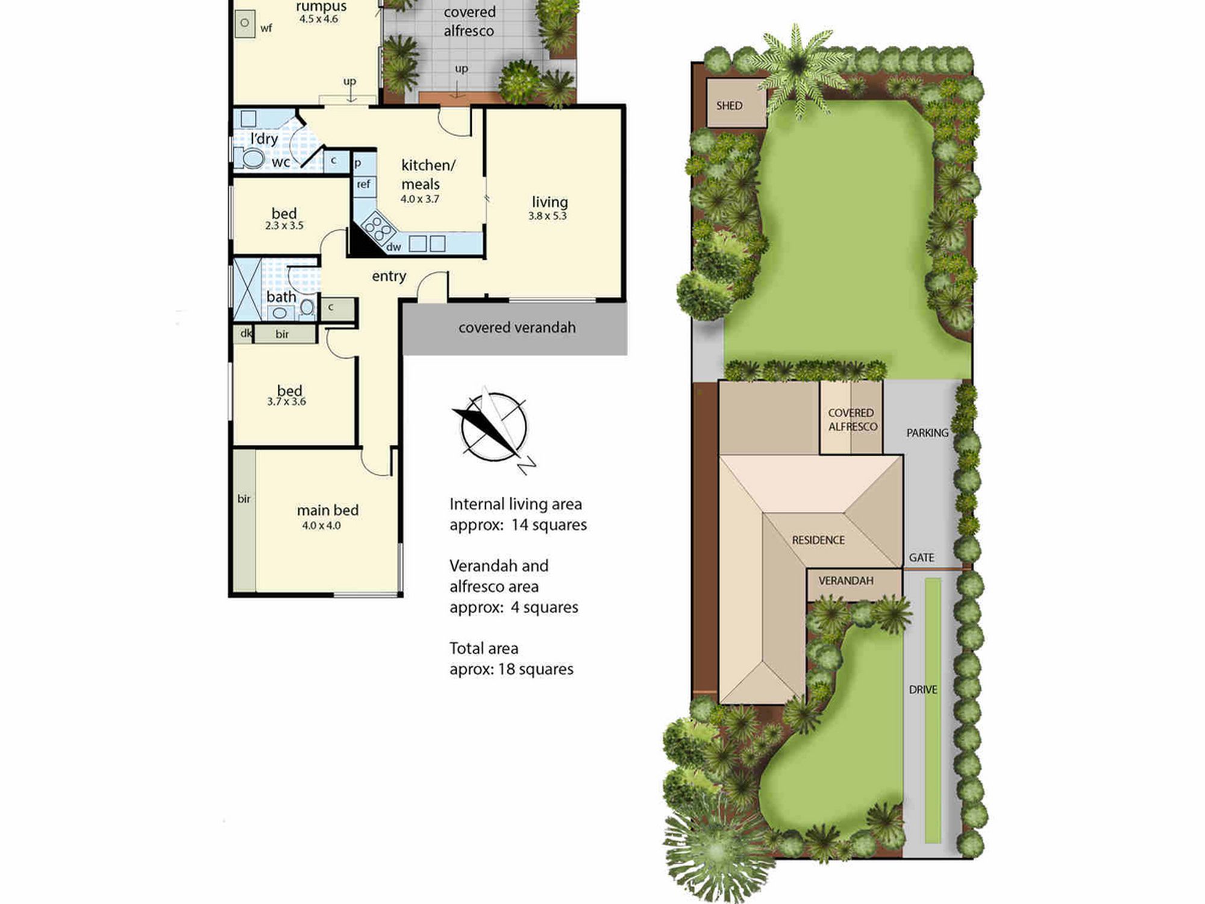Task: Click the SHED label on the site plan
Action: pos(729,105)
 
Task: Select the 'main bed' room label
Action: pos(328,510)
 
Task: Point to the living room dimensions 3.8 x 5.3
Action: pos(548,216)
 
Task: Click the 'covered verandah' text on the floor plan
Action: pos(517,327)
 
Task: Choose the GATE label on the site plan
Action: pos(922,557)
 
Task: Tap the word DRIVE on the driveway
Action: pos(923,689)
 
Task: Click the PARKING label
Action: pos(927,433)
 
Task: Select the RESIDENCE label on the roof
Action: pos(818,540)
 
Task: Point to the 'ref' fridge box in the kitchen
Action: pos(363,184)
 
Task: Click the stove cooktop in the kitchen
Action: pos(378,230)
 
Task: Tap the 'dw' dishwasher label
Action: pos(393,246)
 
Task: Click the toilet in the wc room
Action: pos(249,158)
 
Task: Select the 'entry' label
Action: pos(389,276)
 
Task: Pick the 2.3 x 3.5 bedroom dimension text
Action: pos(284,226)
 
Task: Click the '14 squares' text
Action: pos(549,525)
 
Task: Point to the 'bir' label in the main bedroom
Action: pos(243,498)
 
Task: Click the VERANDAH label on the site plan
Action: pos(846,581)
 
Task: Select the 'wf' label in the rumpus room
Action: pos(266,28)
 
